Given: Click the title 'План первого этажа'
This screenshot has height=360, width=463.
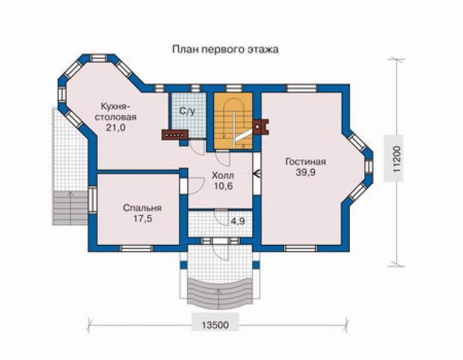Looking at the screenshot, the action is click(x=225, y=49).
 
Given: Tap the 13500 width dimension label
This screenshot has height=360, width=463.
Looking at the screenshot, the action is click(x=216, y=325).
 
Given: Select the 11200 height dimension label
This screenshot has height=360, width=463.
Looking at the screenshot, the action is click(x=397, y=158).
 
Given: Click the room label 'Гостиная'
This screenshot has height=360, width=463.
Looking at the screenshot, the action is click(x=305, y=162).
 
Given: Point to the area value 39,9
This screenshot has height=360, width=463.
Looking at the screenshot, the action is click(x=305, y=172).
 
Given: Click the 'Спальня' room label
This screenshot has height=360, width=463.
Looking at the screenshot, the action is click(x=142, y=208).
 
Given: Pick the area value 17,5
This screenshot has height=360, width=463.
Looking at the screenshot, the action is click(x=143, y=219).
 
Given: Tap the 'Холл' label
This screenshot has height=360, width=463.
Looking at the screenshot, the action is click(x=223, y=175).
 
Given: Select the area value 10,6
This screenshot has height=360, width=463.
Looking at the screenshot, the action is click(x=223, y=186).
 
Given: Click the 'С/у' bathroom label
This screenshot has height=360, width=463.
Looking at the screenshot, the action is click(x=187, y=111).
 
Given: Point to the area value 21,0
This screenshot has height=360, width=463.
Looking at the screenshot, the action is click(x=115, y=128).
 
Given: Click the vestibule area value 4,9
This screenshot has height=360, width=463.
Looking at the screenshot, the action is click(x=238, y=221).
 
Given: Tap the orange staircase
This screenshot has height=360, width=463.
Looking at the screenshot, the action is click(x=233, y=121).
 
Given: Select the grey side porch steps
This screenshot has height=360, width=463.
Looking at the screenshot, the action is click(x=71, y=208).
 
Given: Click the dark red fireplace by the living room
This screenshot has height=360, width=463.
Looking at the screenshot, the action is click(x=260, y=126).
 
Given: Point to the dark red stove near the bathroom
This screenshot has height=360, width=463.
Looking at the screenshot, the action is click(x=175, y=135).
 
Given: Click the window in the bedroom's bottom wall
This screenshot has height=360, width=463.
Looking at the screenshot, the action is click(x=137, y=248).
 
